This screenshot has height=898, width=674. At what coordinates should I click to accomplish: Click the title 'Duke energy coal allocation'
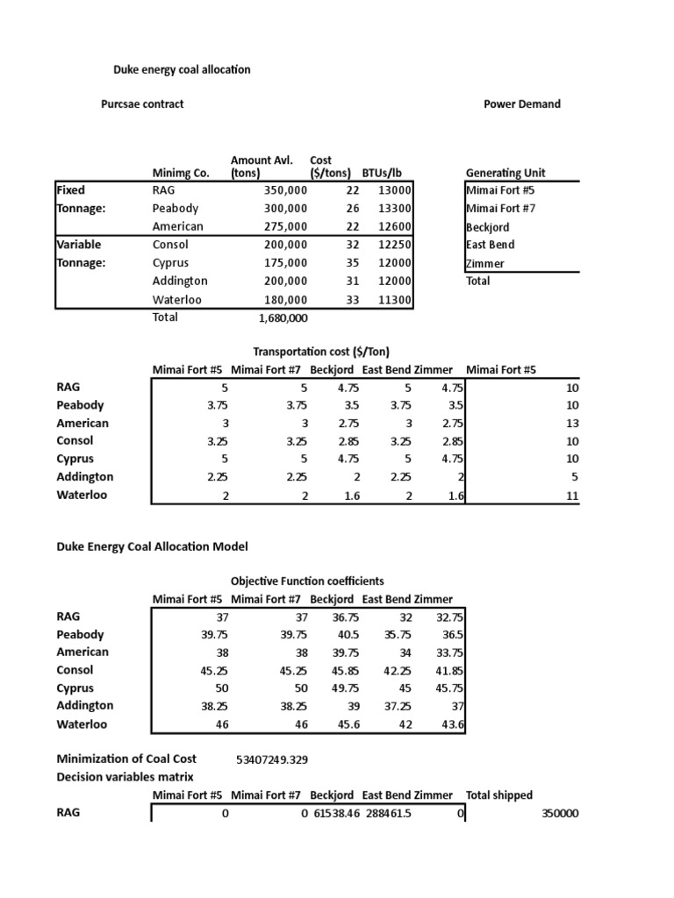point(182,69)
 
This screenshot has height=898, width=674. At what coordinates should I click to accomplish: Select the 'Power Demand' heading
point(521,103)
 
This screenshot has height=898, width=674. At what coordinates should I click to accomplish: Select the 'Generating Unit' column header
point(505,173)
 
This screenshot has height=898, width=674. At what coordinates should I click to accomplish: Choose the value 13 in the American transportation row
point(572,424)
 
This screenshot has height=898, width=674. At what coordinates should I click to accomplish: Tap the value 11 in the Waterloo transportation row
point(572,495)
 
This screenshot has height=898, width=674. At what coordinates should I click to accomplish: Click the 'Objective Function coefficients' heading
point(307,581)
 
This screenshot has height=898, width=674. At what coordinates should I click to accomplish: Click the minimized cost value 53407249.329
point(272,759)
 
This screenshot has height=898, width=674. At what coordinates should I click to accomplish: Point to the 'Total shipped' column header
point(498,795)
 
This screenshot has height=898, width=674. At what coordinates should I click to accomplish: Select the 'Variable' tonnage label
point(78,245)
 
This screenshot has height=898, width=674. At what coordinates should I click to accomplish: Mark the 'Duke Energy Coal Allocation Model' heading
point(152,546)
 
